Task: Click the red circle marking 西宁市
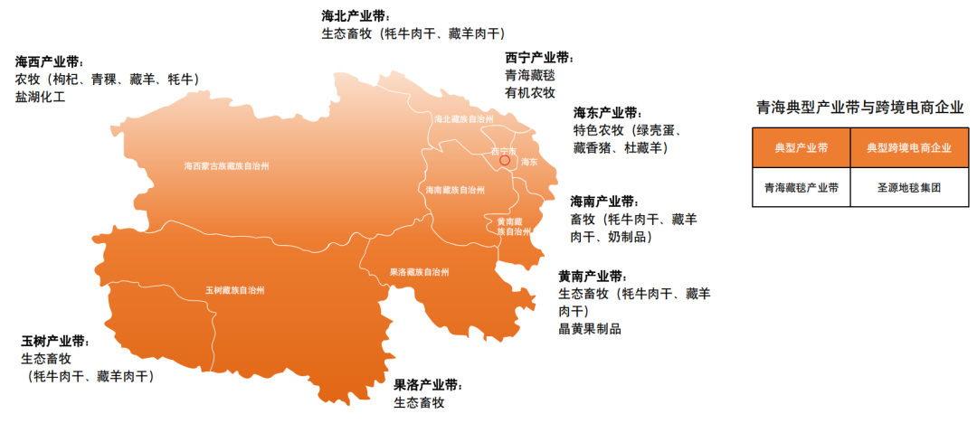[x=505, y=161]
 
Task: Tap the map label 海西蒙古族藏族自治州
[x=226, y=166]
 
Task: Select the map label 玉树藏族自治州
[x=234, y=291]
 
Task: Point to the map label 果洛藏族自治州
[x=419, y=272]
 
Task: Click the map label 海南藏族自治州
[x=456, y=191]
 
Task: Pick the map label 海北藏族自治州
[x=464, y=118]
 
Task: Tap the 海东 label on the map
[x=529, y=162]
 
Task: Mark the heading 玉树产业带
[x=55, y=341]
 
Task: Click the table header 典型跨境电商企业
[x=908, y=147]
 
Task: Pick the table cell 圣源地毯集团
[x=909, y=189]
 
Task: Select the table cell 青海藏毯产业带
[x=801, y=189]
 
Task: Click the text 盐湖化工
[x=40, y=96]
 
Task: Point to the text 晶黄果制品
[x=589, y=328]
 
